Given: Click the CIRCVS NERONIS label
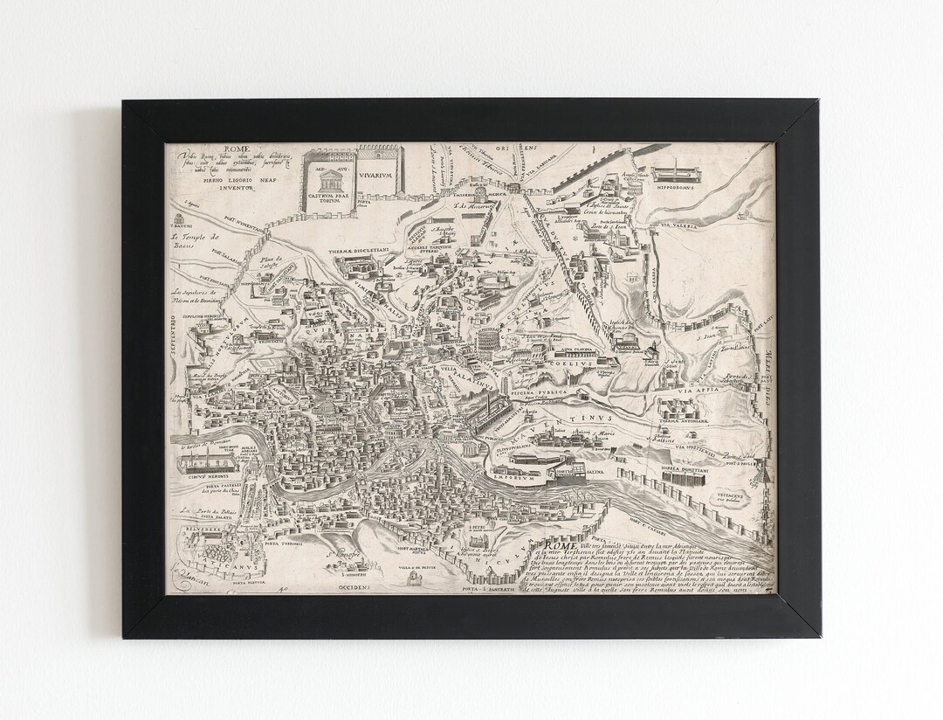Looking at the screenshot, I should [200, 477].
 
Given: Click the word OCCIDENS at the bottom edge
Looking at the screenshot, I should [354, 587].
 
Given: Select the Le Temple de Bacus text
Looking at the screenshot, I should [196, 240].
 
